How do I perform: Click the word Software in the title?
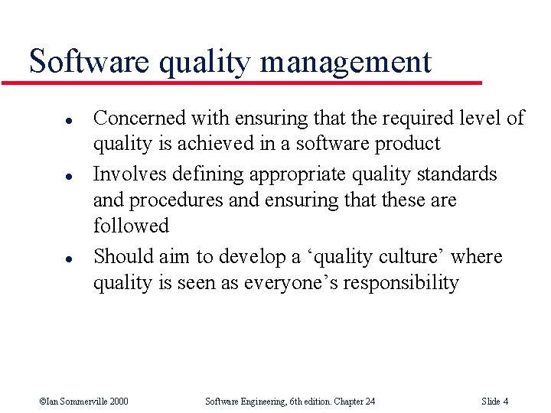pyautogui.click(x=89, y=61)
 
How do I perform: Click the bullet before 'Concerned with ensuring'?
pyautogui.click(x=47, y=119)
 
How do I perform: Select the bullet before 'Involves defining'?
pyautogui.click(x=47, y=176)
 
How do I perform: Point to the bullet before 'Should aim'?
pyautogui.click(x=47, y=258)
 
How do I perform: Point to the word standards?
pyautogui.click(x=457, y=174)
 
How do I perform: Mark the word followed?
pyautogui.click(x=131, y=226)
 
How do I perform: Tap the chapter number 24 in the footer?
pyautogui.click(x=369, y=402)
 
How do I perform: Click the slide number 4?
pyautogui.click(x=506, y=402)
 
